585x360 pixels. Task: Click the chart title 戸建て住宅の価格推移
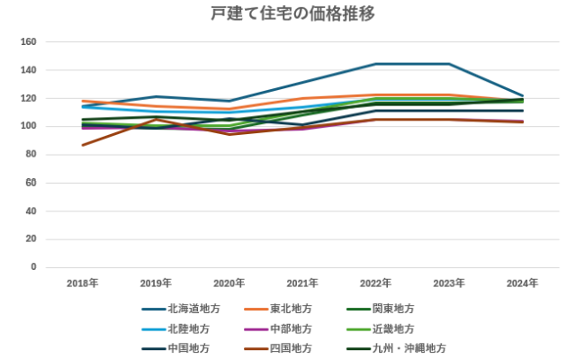(x=292, y=13)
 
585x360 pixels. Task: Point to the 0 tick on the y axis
(x=33, y=267)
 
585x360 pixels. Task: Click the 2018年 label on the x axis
(x=82, y=283)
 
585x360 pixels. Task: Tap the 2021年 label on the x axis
(x=302, y=283)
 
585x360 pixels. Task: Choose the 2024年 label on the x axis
(x=523, y=283)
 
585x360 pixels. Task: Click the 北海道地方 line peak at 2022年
(x=376, y=64)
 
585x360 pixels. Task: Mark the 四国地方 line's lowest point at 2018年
(x=82, y=145)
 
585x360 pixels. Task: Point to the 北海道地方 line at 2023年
(x=449, y=64)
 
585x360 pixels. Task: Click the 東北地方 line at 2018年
(x=82, y=101)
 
